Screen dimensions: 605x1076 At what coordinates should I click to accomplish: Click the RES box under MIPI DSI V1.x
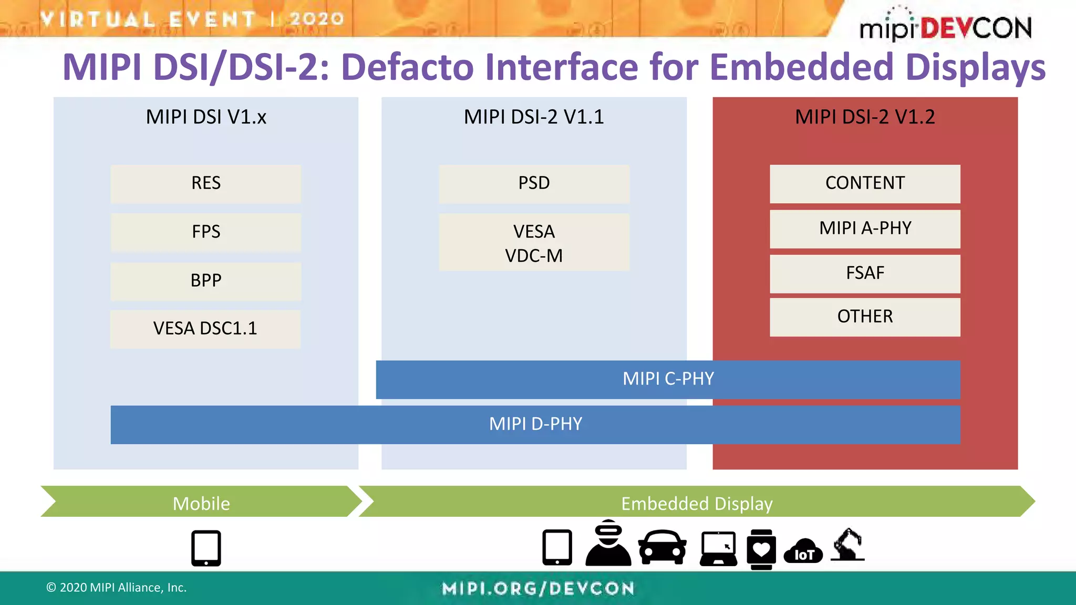pyautogui.click(x=206, y=184)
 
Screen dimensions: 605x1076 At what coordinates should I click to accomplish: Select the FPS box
pyautogui.click(x=206, y=232)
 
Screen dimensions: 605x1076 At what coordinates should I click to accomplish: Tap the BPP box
pyautogui.click(x=206, y=281)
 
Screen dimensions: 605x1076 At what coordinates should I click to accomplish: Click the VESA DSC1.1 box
pyautogui.click(x=205, y=329)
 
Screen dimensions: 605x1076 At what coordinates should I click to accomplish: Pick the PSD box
pyautogui.click(x=534, y=184)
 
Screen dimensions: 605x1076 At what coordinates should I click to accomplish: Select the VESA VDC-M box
pyautogui.click(x=534, y=243)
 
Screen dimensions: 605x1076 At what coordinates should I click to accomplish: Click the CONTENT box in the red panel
pyautogui.click(x=865, y=184)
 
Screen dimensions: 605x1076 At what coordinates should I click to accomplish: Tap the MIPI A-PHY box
pyautogui.click(x=865, y=229)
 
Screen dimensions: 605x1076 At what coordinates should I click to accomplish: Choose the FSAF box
pyautogui.click(x=865, y=274)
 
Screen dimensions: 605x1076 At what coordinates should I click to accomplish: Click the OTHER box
pyautogui.click(x=865, y=317)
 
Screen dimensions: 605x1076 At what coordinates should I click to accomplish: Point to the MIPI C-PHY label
pyautogui.click(x=668, y=379)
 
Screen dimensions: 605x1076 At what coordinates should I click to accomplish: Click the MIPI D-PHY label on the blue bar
pyautogui.click(x=535, y=424)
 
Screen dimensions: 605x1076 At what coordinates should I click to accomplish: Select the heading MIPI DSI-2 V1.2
pyautogui.click(x=865, y=117)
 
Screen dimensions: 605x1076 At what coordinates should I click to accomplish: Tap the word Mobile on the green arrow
pyautogui.click(x=201, y=504)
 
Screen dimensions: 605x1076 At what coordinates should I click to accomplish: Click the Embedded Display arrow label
pyautogui.click(x=697, y=504)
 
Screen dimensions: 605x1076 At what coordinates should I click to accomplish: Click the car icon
pyautogui.click(x=662, y=548)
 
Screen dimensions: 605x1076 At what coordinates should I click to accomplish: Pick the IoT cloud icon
pyautogui.click(x=803, y=551)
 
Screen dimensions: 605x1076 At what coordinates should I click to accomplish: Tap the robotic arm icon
pyautogui.click(x=847, y=546)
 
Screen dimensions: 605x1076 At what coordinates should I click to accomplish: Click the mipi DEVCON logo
pyautogui.click(x=945, y=26)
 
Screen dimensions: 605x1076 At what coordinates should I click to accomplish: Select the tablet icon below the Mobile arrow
pyautogui.click(x=206, y=548)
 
